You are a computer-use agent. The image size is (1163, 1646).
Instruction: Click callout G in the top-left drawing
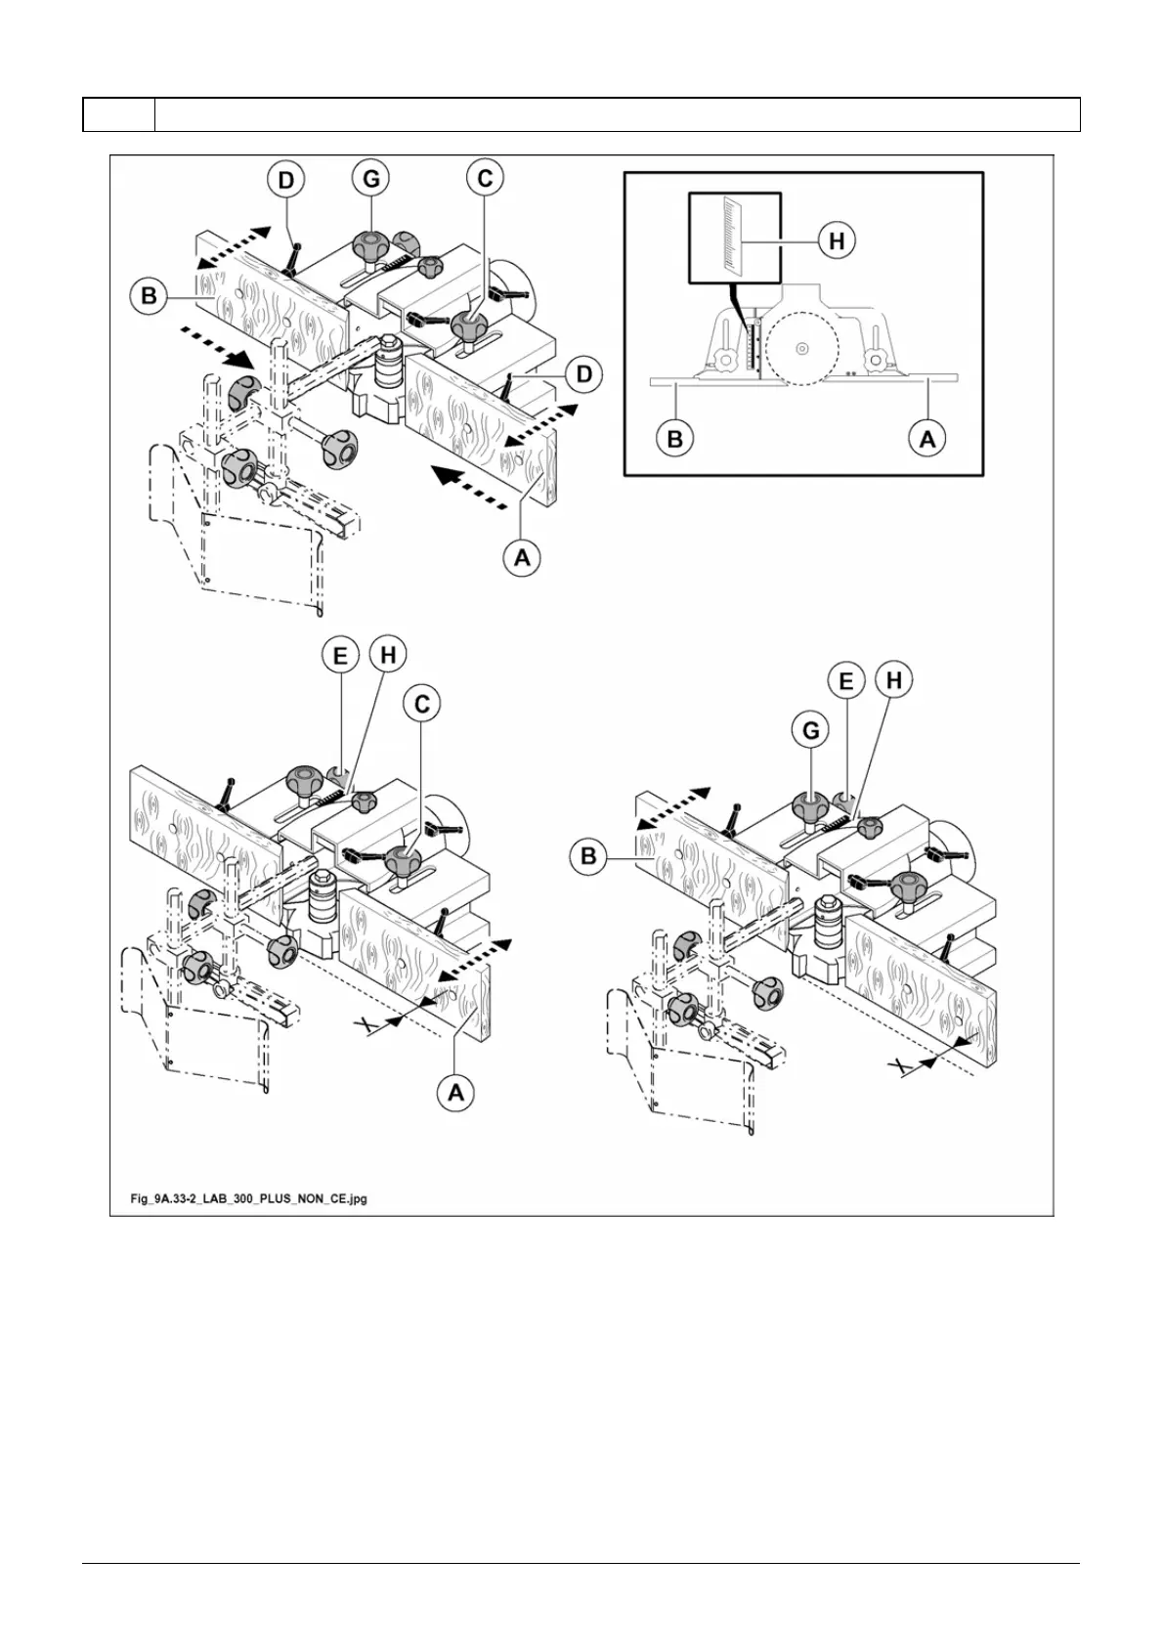tap(370, 179)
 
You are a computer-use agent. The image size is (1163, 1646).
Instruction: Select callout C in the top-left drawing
tap(485, 178)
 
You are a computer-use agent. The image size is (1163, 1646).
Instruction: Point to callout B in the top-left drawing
tap(149, 295)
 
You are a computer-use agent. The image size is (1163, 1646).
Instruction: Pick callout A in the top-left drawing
tap(522, 558)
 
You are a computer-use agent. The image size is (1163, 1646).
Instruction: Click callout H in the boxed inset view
tap(837, 239)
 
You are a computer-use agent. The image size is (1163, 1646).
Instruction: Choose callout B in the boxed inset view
tap(674, 439)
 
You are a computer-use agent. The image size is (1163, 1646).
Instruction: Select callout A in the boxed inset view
tap(927, 439)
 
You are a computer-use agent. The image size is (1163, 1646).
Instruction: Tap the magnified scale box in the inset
tap(735, 238)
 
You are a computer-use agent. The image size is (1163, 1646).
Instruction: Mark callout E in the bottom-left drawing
tap(340, 655)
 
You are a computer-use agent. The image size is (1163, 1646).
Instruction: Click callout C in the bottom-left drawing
tap(422, 704)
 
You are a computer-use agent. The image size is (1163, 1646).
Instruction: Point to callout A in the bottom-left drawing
tap(455, 1092)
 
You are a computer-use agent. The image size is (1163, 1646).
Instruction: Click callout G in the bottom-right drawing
tap(811, 729)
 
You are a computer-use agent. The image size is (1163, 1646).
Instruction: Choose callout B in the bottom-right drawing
tap(588, 856)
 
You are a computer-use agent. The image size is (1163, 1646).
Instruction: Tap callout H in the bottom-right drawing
tap(894, 680)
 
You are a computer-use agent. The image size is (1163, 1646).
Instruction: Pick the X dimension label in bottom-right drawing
tap(904, 1066)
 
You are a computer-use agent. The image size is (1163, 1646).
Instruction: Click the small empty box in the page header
tap(118, 114)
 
